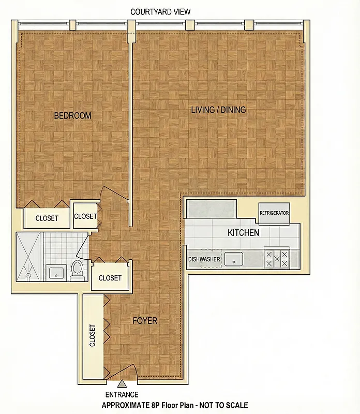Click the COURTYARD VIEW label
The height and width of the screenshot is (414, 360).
(160, 12)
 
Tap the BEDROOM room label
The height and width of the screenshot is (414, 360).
(72, 115)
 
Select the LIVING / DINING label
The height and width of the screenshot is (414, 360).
(218, 110)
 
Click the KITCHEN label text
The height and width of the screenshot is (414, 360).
(243, 233)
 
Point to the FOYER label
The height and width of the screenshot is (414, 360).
(145, 321)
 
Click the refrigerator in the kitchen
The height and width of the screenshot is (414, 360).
(274, 213)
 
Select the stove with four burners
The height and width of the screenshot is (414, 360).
(277, 258)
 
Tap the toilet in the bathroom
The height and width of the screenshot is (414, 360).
(78, 270)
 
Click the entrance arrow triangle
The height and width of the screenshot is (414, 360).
(123, 383)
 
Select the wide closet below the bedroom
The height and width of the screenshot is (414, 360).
(47, 218)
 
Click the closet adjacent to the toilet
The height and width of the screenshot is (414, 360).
(110, 278)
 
